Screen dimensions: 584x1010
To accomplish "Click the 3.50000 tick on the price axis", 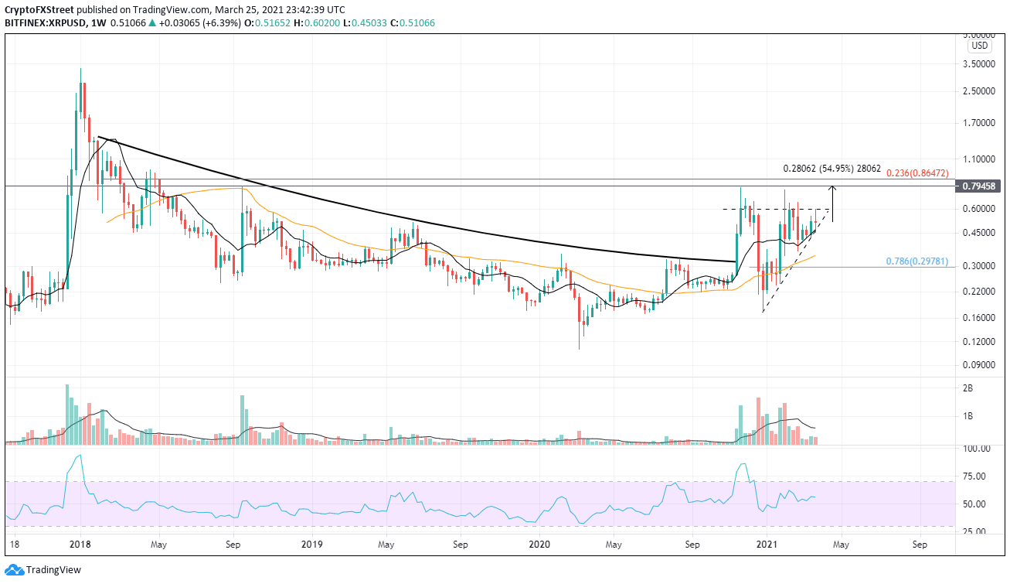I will tap(982, 64).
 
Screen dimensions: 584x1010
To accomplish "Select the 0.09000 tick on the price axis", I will tap(982, 364).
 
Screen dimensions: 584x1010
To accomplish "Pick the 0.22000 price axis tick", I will tap(982, 292).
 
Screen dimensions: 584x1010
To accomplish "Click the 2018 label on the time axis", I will tap(80, 545).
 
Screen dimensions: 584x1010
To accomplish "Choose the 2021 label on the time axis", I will tap(767, 545).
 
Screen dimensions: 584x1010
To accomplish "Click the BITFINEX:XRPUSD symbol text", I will tap(45, 24).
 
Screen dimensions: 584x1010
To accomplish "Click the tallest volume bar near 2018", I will tap(67, 414).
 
